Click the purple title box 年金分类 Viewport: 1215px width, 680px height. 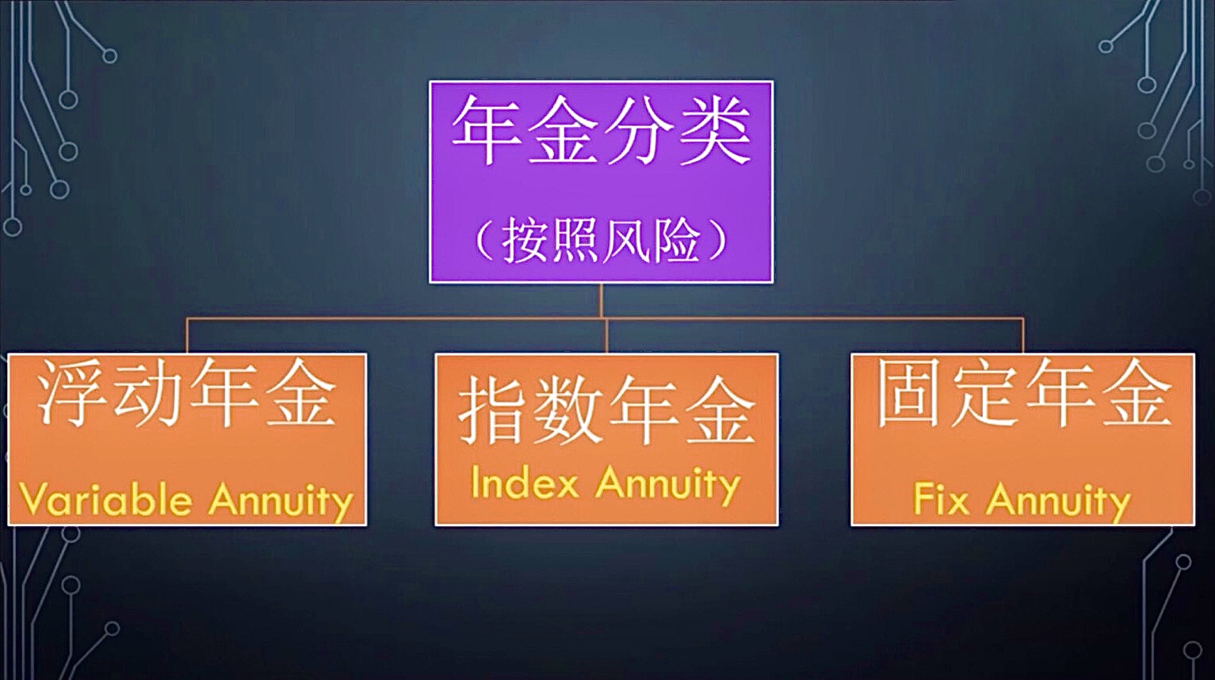pos(601,181)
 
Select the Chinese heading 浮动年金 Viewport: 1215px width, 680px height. pos(185,393)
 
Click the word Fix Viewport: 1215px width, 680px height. pos(941,499)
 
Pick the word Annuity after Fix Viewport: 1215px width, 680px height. pos(1058,502)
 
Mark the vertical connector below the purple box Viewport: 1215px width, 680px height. pos(601,301)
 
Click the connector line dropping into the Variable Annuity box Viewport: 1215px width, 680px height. pos(187,336)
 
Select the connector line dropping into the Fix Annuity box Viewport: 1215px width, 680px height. pos(1022,336)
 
